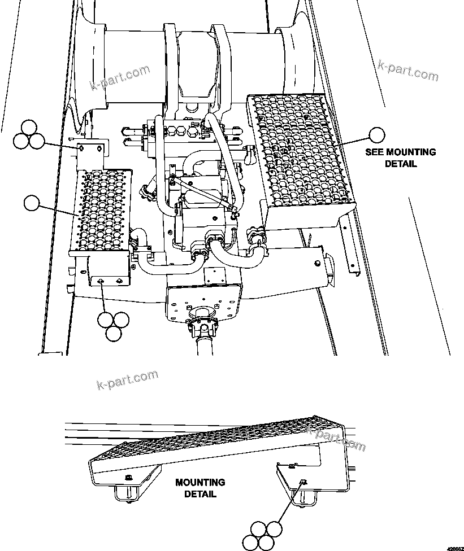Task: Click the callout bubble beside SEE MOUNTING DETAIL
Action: (376, 134)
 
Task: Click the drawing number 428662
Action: (454, 547)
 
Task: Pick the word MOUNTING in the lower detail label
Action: (200, 483)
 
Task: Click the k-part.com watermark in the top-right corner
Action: (407, 71)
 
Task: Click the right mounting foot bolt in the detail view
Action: (303, 482)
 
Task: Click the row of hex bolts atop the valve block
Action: (180, 131)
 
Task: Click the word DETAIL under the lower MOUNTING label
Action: (200, 494)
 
